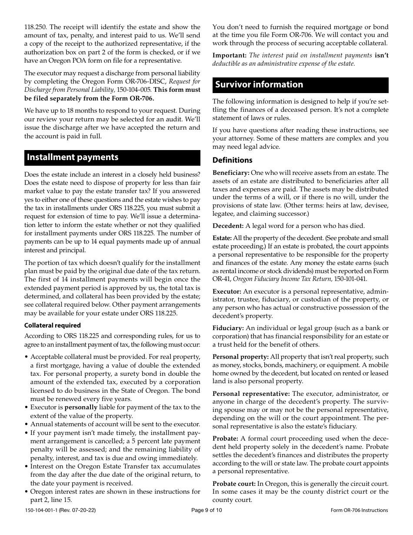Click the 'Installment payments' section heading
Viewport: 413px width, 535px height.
(73, 157)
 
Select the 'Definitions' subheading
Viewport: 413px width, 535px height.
(232, 160)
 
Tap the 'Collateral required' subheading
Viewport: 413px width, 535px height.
(53, 325)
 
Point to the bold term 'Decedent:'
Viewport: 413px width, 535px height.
(228, 226)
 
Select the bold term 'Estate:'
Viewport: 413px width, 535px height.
(222, 238)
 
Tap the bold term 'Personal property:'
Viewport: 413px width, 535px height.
(240, 357)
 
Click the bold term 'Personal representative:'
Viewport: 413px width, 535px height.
(251, 394)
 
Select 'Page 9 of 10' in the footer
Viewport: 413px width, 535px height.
(206, 511)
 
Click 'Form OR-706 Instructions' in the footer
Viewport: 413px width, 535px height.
(359, 511)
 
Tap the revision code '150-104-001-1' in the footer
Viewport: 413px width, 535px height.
(43, 511)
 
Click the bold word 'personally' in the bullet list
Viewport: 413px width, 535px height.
(81, 408)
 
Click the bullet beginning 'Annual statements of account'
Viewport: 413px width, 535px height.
(115, 424)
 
